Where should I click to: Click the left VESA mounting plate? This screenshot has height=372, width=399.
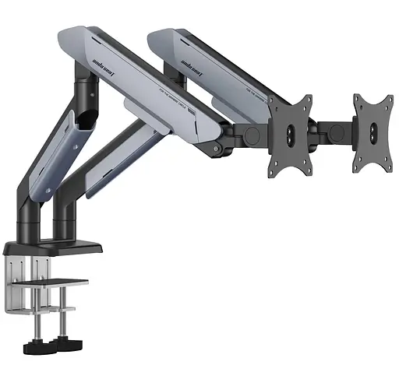[x=290, y=134]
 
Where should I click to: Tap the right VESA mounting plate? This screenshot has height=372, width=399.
[x=372, y=133]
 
